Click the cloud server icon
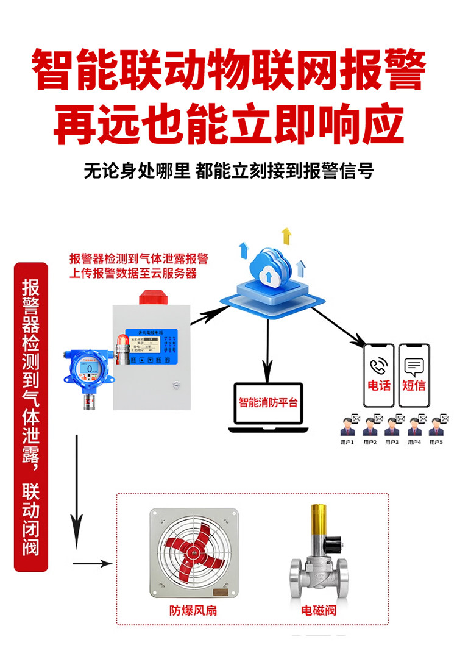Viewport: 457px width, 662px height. coord(268,268)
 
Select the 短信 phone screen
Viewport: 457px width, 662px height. coord(414,374)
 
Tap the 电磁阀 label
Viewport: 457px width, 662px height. coord(318,610)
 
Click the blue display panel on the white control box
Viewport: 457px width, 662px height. coord(152,347)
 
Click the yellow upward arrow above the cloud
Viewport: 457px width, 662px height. coord(286,235)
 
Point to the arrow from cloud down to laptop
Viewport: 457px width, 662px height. coord(267,354)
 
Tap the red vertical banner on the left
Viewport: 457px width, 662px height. coord(30,417)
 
